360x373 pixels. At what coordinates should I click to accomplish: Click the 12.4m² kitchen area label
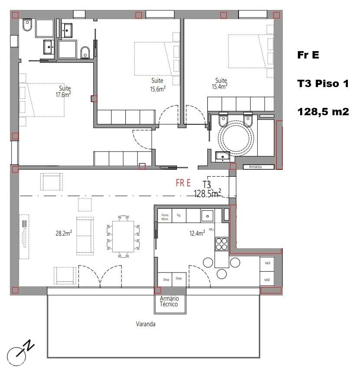click(x=197, y=233)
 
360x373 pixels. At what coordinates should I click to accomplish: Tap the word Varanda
click(x=145, y=324)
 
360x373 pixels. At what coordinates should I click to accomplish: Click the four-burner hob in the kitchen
click(x=221, y=244)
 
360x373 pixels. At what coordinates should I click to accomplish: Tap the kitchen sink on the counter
click(x=207, y=215)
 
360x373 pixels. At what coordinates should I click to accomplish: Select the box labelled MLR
click(x=267, y=263)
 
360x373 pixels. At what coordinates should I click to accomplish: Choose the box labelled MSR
click(x=267, y=280)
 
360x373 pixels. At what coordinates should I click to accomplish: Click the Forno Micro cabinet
click(x=165, y=217)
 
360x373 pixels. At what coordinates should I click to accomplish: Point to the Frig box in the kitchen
click(x=178, y=215)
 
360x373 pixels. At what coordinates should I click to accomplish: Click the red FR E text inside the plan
click(x=183, y=182)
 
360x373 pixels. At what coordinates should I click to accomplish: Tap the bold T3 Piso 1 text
click(x=323, y=84)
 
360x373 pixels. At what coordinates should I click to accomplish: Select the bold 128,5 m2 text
click(x=323, y=112)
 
